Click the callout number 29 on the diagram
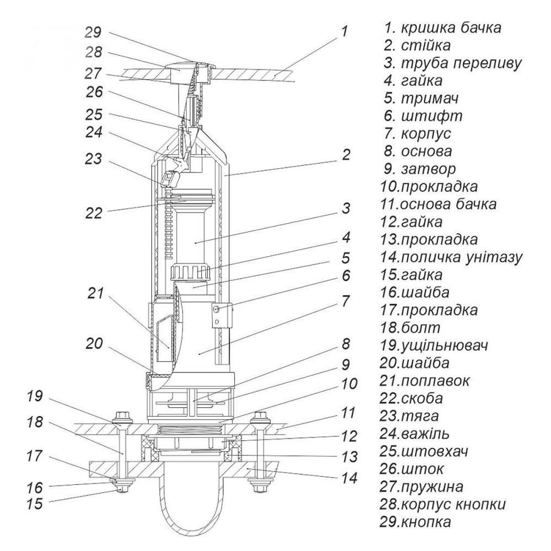point(93,31)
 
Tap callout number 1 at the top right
point(344,31)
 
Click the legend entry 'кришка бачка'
point(443,28)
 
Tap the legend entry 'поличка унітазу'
point(451,257)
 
